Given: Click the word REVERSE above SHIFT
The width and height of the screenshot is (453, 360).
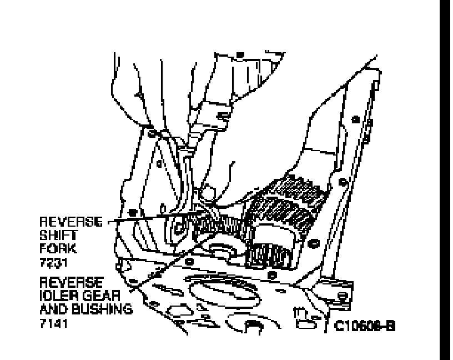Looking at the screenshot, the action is click(x=71, y=222).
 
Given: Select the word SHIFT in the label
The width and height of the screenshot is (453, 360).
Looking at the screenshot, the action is click(x=55, y=236).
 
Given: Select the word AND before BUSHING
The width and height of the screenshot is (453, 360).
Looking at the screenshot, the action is click(x=53, y=309).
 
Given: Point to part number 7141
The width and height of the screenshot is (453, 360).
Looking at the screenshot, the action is click(x=53, y=323).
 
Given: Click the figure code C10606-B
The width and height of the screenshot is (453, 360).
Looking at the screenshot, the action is click(x=365, y=326).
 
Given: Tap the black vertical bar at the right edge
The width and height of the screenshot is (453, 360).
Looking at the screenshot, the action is click(x=446, y=180).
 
